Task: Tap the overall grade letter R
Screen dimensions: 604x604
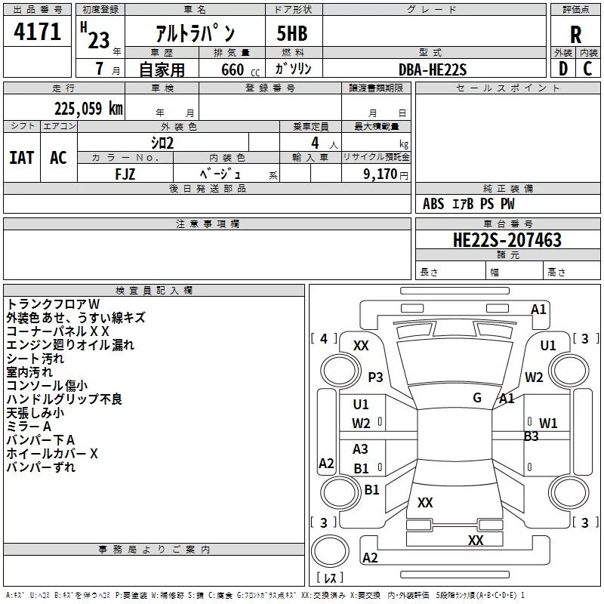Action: (x=575, y=35)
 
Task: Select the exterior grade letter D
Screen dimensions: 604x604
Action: (x=562, y=69)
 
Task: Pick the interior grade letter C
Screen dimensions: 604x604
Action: (x=587, y=69)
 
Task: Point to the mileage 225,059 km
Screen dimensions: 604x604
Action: (x=88, y=109)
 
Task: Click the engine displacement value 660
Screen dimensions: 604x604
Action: (x=232, y=69)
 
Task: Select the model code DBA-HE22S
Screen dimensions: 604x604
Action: (x=433, y=69)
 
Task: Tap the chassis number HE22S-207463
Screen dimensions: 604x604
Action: (x=507, y=240)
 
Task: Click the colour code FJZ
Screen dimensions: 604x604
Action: (x=125, y=173)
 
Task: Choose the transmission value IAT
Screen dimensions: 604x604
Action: (x=21, y=158)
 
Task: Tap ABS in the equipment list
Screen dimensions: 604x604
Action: (x=433, y=204)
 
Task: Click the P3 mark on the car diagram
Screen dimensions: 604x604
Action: (x=375, y=377)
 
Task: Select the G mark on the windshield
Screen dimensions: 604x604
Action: (x=477, y=397)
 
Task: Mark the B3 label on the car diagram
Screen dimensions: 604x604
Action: (x=532, y=436)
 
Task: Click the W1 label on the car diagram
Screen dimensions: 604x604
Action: (x=547, y=423)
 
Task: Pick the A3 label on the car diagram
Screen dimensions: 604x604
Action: (x=361, y=449)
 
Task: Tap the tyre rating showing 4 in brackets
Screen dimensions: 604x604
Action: (x=324, y=338)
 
